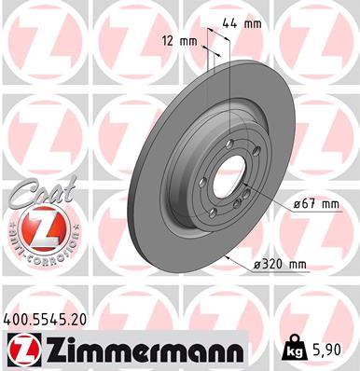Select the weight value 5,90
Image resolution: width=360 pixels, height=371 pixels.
[331, 350]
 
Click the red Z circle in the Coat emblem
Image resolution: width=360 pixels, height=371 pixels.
[37, 228]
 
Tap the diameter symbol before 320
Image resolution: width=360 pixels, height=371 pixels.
[256, 266]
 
